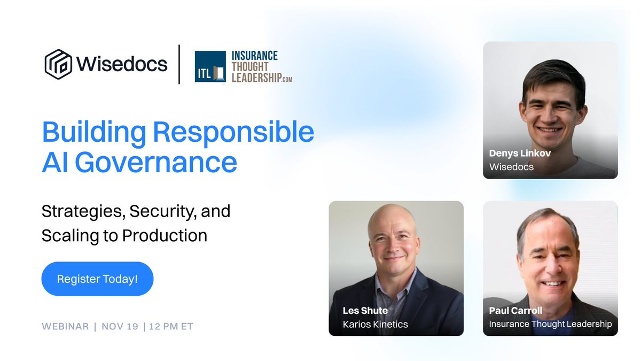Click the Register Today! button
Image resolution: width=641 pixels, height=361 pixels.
pos(97,279)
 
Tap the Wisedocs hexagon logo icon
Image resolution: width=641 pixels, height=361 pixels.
pos(58,64)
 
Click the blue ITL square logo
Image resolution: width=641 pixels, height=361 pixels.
pos(210,66)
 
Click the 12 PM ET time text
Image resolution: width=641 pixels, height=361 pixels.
pos(172,326)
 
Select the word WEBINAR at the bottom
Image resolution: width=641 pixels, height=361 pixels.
pos(65,326)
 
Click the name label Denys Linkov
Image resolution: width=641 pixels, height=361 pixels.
pos(519,153)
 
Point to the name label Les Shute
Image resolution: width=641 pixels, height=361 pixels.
pos(365,310)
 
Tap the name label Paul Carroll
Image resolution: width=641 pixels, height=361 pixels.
pos(515,310)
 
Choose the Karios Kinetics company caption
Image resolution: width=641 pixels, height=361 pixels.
pos(375,324)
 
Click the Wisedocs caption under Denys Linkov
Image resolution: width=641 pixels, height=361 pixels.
pos(511,167)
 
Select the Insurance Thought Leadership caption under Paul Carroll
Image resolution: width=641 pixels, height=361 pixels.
pos(550,324)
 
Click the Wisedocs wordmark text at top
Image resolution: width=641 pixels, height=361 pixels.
pos(122,64)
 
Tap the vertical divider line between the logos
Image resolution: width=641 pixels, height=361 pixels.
pos(179,64)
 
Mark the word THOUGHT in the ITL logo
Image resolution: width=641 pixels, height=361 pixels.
pos(250,66)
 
